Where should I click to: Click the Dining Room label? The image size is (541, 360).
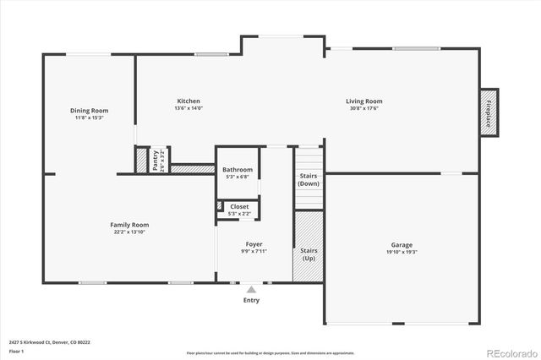click(89, 111)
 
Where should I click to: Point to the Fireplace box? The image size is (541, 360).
click(488, 112)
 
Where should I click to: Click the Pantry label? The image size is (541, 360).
click(156, 158)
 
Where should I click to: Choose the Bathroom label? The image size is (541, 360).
click(238, 170)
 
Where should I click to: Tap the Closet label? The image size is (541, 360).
click(240, 206)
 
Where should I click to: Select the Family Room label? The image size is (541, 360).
click(129, 225)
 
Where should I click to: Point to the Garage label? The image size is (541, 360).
click(402, 244)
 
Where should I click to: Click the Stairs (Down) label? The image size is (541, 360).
click(309, 179)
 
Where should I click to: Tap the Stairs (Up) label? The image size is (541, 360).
click(309, 254)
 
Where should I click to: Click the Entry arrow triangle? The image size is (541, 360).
click(251, 289)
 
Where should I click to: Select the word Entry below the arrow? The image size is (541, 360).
click(251, 300)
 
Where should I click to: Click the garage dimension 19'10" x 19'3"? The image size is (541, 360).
click(402, 251)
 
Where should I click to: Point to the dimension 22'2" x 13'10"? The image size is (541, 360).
click(129, 232)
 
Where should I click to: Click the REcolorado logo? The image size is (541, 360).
click(509, 352)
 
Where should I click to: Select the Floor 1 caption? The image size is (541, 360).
click(14, 351)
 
